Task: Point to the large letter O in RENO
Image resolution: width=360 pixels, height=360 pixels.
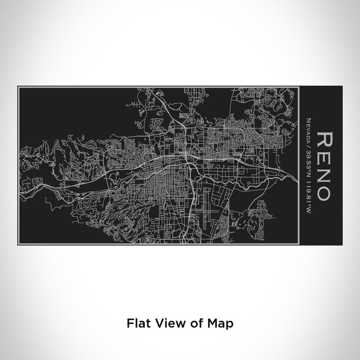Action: [322, 192]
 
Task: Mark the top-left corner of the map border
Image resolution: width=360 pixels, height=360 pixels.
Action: [19, 88]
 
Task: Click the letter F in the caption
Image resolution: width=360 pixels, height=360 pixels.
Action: [130, 323]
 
